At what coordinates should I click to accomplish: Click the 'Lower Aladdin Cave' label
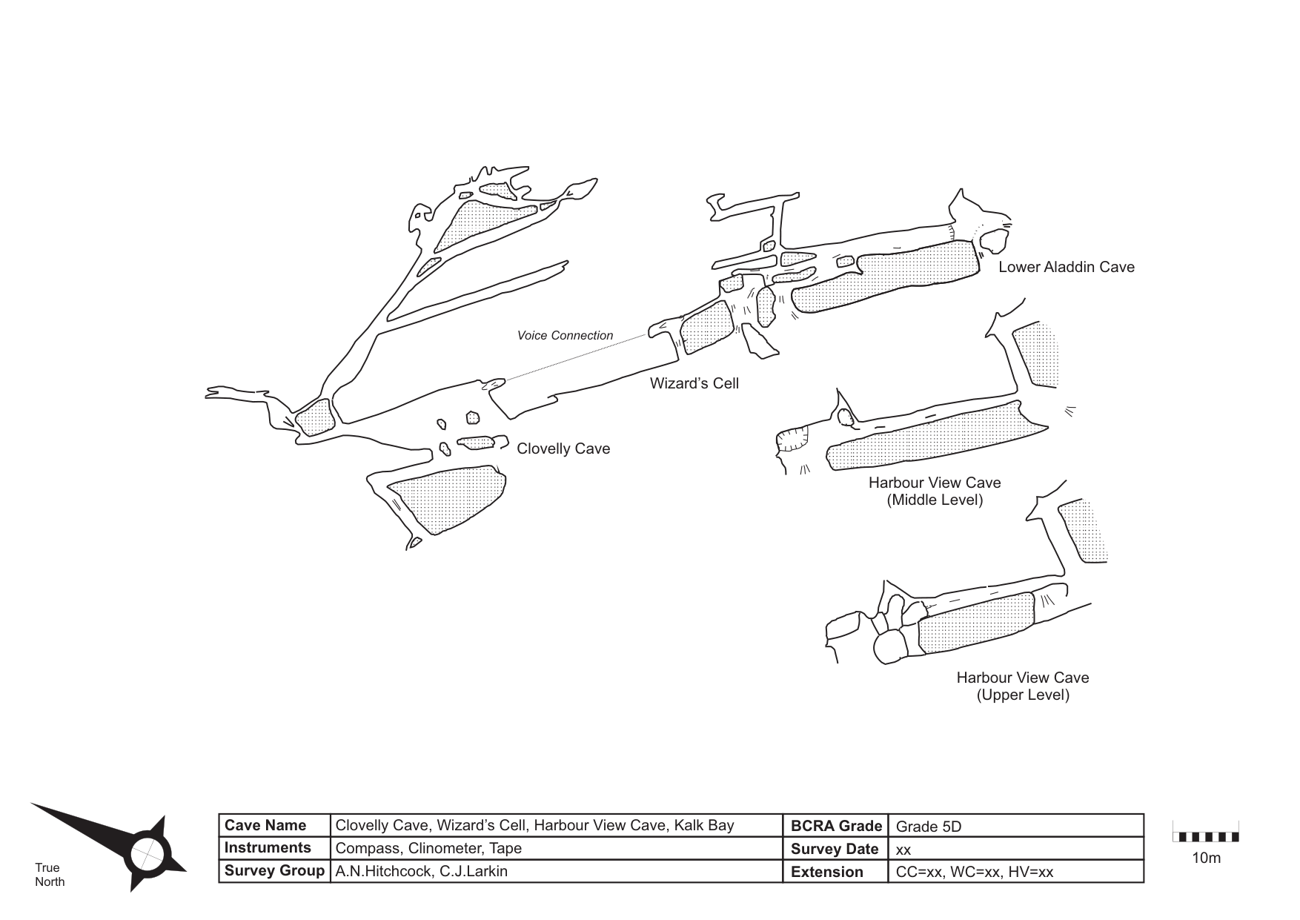[x=1066, y=267]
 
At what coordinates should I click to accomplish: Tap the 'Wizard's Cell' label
[x=694, y=383]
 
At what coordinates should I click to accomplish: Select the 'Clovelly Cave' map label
[x=563, y=449]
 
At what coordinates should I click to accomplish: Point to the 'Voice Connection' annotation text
[x=565, y=336]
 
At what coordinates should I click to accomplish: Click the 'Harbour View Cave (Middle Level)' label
[x=935, y=491]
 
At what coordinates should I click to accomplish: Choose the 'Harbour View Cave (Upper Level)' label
[x=1022, y=686]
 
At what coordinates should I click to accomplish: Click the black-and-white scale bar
[x=1205, y=837]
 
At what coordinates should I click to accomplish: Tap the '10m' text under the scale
[x=1206, y=858]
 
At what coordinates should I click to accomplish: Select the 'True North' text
[x=50, y=875]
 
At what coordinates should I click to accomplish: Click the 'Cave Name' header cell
[x=265, y=825]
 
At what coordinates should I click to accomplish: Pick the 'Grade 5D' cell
[x=929, y=826]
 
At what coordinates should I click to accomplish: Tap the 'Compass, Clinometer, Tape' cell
[x=428, y=848]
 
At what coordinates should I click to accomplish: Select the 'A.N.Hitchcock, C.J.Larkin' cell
[x=421, y=871]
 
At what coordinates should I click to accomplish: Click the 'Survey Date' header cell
[x=835, y=849]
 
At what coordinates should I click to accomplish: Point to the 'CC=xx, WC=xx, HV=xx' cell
[x=974, y=872]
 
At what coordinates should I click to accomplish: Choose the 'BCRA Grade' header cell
[x=836, y=826]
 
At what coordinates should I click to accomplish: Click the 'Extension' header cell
[x=827, y=872]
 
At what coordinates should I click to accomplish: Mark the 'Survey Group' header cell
[x=274, y=871]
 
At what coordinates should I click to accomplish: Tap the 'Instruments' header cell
[x=268, y=848]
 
